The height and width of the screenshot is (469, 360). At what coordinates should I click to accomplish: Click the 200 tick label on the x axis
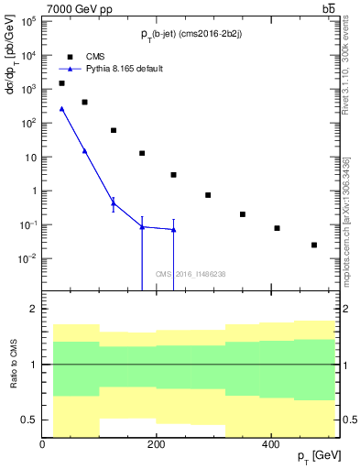157,444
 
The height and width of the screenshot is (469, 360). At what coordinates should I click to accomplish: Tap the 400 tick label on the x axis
270,444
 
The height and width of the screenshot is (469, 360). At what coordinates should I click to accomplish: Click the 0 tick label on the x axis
42,444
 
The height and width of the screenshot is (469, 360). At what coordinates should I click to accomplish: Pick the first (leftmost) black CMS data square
61,83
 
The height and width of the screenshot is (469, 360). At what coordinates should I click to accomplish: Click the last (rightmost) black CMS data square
314,245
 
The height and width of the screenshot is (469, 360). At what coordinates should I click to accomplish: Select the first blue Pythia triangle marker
61,109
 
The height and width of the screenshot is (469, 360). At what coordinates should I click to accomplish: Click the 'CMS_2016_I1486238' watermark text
189,273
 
